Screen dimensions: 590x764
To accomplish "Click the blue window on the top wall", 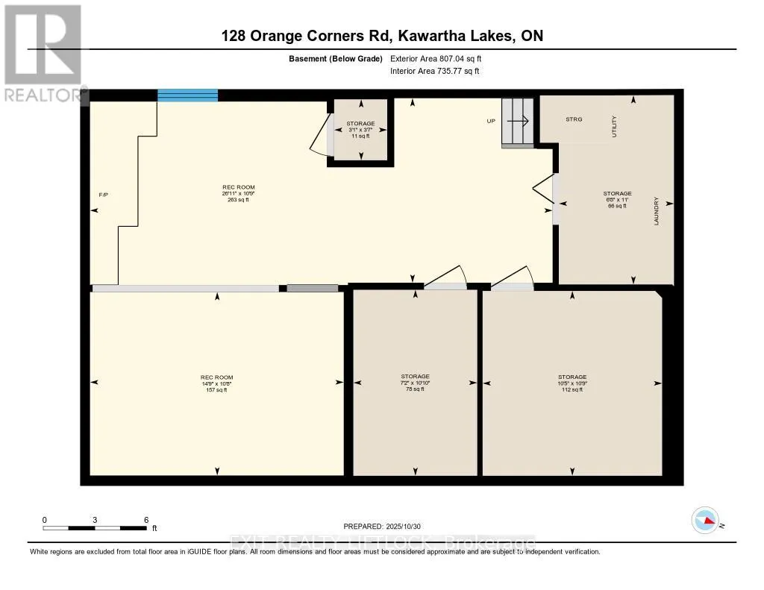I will [187, 95].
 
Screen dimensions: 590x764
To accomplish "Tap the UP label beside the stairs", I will [491, 121].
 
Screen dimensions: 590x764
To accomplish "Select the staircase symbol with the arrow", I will [517, 121].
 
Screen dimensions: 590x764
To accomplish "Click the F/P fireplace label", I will [104, 195].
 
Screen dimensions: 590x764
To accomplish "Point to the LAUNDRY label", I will [657, 212].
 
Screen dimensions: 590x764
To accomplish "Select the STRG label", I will [574, 119].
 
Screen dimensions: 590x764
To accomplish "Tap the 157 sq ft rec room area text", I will [217, 389].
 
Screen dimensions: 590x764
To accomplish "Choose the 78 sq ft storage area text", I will [415, 389].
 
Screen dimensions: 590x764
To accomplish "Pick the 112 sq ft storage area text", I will [572, 389].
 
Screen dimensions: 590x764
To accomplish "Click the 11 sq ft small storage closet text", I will [360, 136].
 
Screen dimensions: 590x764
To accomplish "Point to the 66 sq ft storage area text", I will [617, 206].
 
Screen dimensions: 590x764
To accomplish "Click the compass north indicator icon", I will [705, 520].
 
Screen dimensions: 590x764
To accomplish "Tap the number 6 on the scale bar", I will [146, 520].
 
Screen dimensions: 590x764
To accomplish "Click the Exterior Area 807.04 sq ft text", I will [441, 58].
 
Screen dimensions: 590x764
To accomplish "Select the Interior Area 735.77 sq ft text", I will [434, 72].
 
